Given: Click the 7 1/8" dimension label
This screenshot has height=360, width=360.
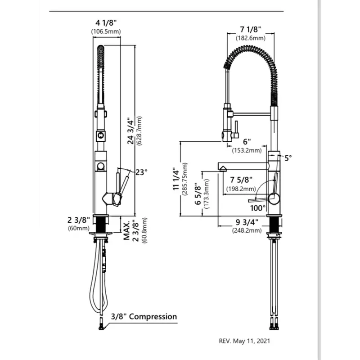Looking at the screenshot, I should click(250, 30).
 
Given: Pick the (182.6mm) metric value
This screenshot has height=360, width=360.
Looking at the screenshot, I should click(251, 38).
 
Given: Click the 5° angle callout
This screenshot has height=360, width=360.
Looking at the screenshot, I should click(288, 157).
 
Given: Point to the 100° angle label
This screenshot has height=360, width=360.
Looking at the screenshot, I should click(258, 208).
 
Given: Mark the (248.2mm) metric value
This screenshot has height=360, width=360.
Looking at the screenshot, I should click(247, 230).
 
